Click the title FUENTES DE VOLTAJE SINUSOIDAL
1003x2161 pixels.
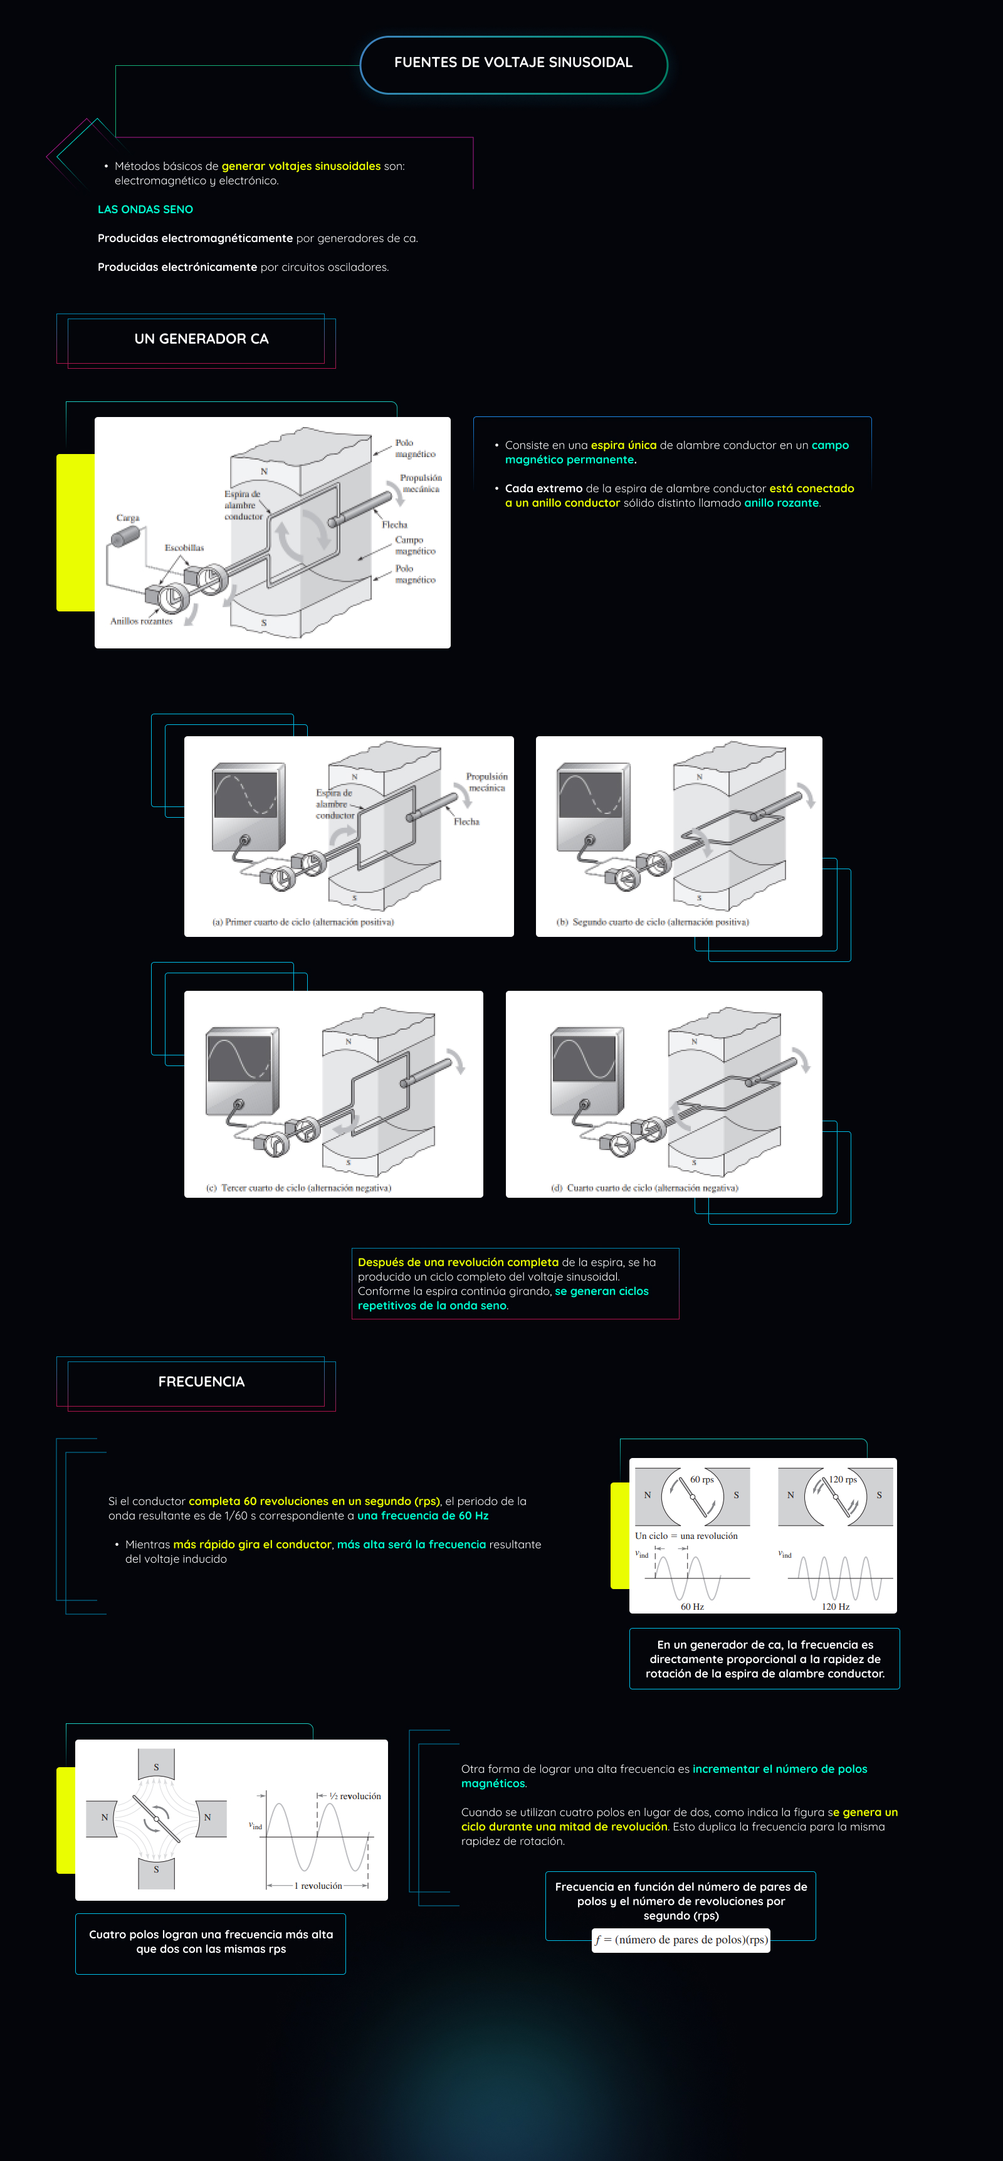tap(513, 63)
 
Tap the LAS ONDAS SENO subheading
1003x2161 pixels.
tap(145, 209)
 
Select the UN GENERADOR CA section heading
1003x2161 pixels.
tap(201, 339)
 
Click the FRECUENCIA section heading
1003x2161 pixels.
tap(201, 1382)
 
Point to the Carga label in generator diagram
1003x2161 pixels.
tap(127, 517)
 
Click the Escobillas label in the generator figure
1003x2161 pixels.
tap(184, 548)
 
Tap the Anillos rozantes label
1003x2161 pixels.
tap(141, 621)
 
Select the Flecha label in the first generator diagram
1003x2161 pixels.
tap(394, 524)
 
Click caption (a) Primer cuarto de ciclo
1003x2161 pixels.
tap(303, 922)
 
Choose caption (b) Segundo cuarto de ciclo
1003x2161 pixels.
tap(653, 922)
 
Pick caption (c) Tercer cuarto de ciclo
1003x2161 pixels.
tap(298, 1188)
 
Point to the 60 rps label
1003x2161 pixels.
tap(702, 1480)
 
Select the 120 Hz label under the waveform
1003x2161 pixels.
tap(835, 1607)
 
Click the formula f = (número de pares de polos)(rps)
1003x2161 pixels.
tap(681, 1940)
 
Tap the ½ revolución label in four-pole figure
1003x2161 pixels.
tap(355, 1796)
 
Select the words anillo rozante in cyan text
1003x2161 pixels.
tap(780, 504)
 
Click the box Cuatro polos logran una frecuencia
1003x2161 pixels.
tap(211, 1942)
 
